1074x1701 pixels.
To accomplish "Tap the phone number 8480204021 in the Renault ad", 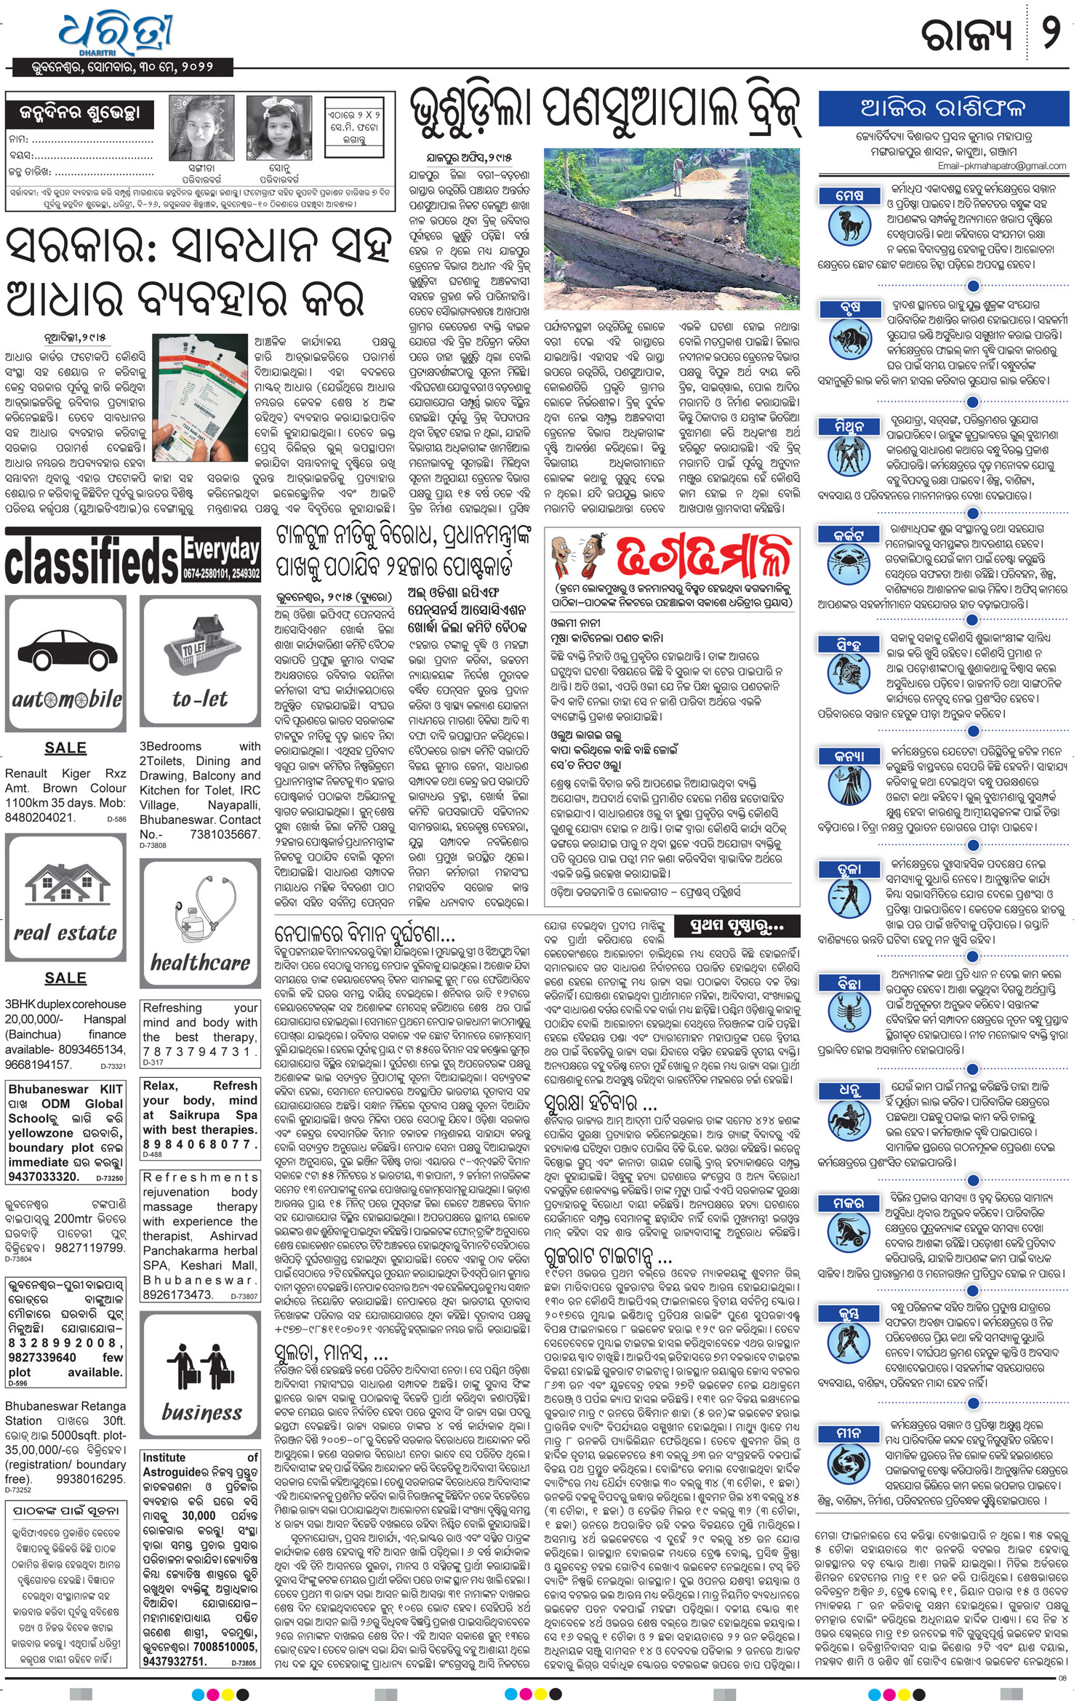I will tap(40, 817).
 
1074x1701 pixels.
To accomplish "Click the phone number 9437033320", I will tap(43, 1176).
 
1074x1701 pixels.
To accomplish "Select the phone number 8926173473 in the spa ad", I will tap(178, 1294).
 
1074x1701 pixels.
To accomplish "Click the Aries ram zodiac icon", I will tap(849, 225).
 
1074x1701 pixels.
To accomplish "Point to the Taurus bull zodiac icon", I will tap(849, 339).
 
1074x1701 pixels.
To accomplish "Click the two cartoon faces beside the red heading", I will tap(577, 558).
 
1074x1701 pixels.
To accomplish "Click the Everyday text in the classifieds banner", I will tap(221, 551).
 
